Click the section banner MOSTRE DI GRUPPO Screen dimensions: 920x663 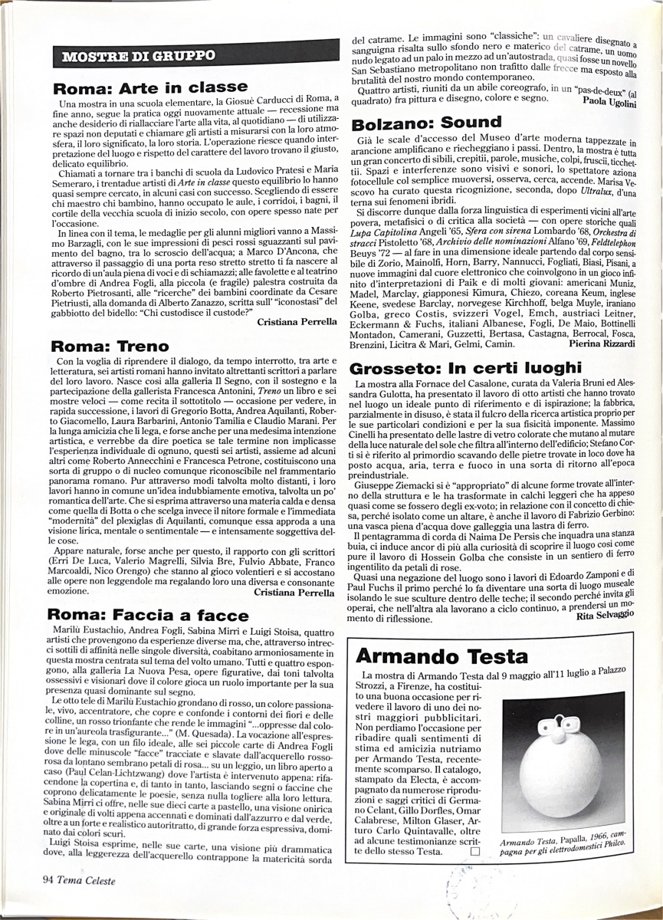coord(139,56)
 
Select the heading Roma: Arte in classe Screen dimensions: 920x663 coord(150,87)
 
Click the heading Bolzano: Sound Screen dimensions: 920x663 coord(426,123)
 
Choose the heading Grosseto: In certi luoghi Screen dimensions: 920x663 coord(467,367)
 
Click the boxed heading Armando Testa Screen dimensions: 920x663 coord(441,656)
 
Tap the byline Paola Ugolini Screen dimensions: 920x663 coord(609,101)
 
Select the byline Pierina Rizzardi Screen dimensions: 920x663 coord(602,344)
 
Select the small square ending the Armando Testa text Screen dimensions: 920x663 coord(475,851)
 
